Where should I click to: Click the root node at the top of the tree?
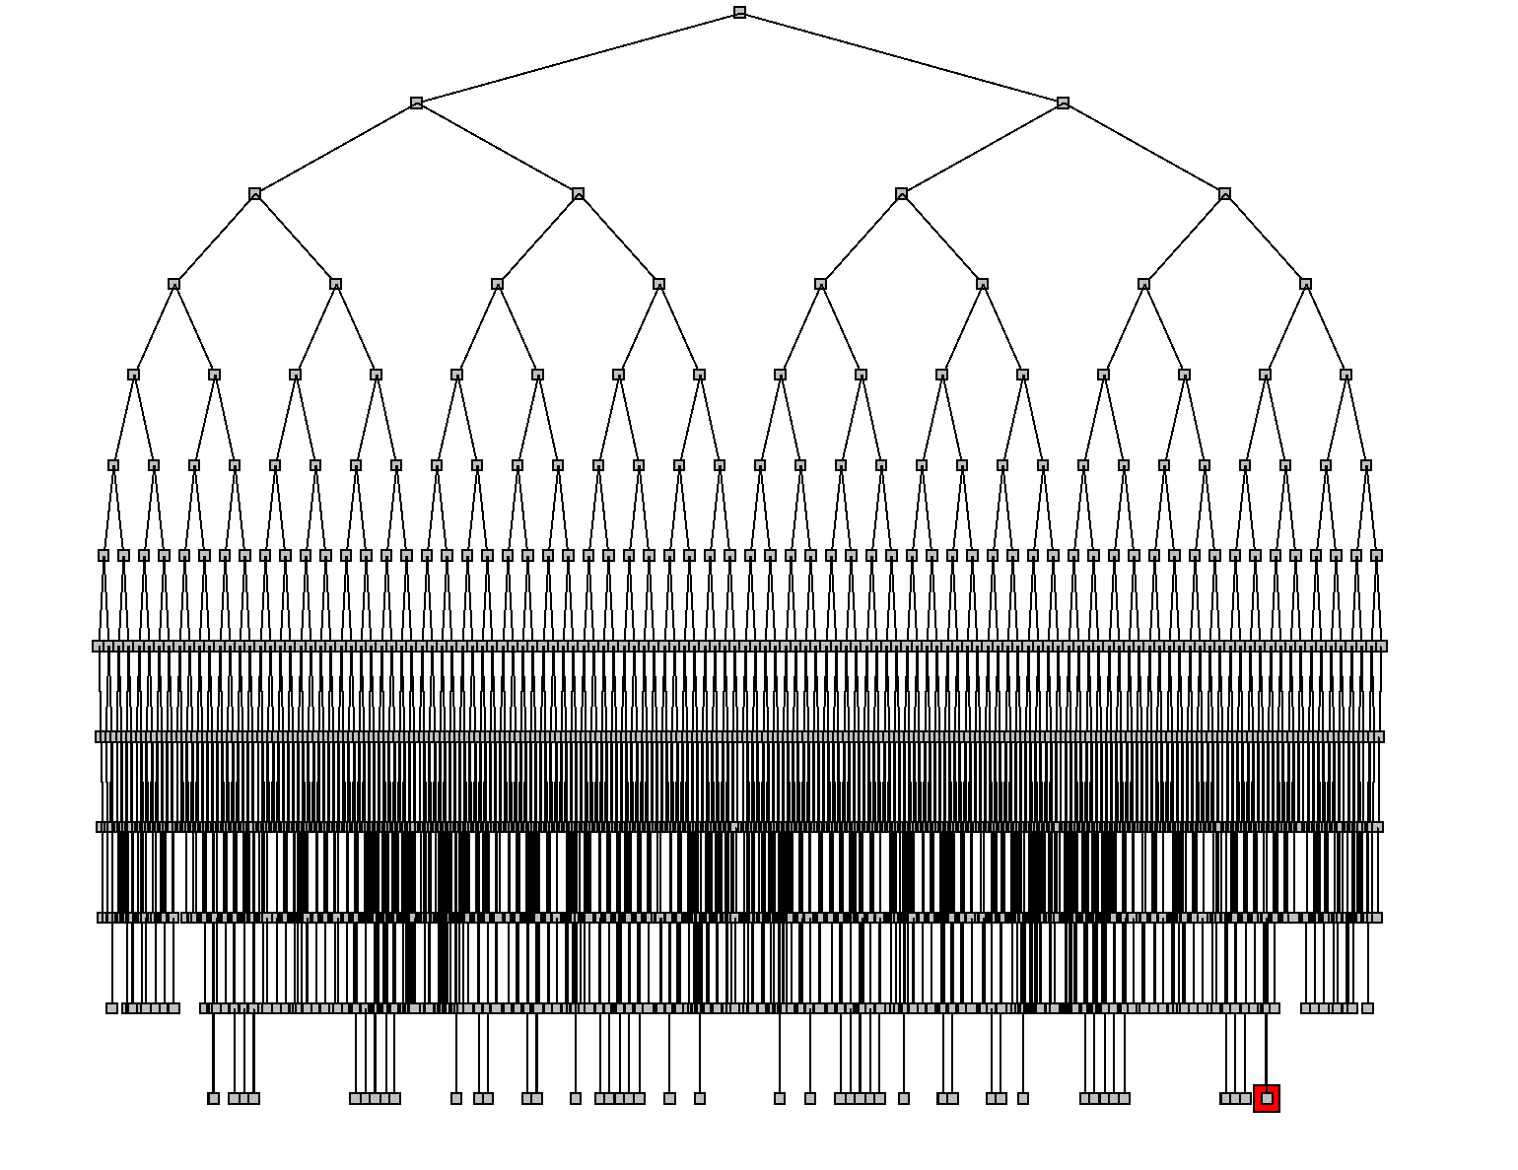739,13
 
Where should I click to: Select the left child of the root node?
416,103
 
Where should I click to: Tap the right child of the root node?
1063,103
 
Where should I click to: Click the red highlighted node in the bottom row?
1267,1098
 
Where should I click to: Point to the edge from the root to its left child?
578,57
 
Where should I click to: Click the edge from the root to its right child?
901,57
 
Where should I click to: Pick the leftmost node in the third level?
254,193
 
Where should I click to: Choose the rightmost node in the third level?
1224,193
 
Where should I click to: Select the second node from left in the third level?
578,193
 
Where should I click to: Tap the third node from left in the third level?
901,193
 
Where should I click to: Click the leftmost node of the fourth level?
173,284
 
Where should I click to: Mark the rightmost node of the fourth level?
1305,284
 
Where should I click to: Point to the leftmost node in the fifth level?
133,375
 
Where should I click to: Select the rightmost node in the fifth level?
1345,375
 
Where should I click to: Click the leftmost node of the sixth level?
113,465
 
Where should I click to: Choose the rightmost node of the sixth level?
1366,465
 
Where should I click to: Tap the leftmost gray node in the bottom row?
213,1098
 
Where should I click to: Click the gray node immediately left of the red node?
1246,1098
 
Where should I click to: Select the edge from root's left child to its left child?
335,148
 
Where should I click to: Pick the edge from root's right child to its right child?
1143,148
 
